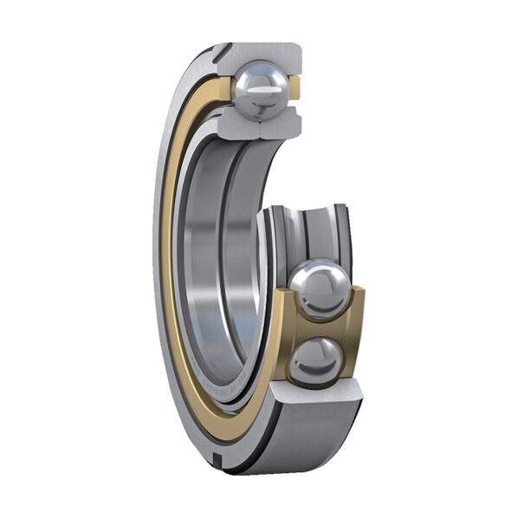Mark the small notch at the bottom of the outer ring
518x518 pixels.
tap(224, 451)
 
